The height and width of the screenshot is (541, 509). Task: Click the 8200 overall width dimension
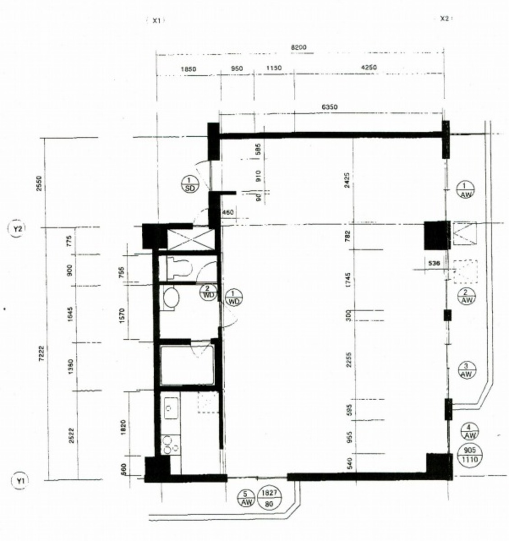click(x=298, y=47)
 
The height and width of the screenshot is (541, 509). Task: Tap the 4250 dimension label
click(x=369, y=68)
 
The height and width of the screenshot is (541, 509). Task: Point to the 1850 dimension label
click(x=188, y=69)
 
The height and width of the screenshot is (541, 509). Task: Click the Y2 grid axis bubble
click(x=18, y=229)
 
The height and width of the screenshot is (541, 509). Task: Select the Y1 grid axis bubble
click(x=19, y=481)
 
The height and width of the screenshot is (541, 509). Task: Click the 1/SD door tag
click(x=190, y=185)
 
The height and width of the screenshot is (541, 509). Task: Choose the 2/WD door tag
click(x=208, y=292)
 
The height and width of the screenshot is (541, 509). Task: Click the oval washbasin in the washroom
click(x=171, y=299)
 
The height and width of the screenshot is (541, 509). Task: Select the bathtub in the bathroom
click(x=187, y=365)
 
